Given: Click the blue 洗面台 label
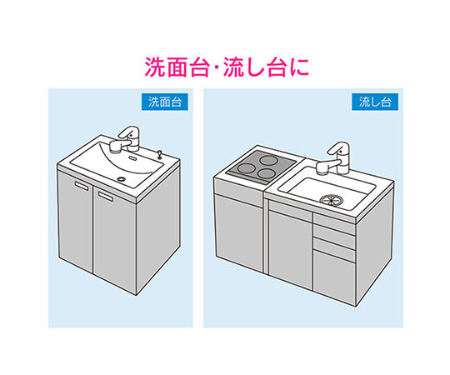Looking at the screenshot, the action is coord(165,102).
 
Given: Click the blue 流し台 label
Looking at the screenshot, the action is coord(375,102).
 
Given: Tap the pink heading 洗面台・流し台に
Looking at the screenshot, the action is coord(227,67).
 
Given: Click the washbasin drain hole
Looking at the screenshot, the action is coord(122,178).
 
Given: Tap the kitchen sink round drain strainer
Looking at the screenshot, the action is coord(329,199).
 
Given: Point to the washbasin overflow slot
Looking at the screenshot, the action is coord(132,157).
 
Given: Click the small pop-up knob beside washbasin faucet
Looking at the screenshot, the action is coord(160,152).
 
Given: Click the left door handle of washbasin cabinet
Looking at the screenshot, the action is coord(82,186).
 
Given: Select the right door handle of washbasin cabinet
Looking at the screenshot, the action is coord(106,196).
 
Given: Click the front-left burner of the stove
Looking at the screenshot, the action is coord(248,167).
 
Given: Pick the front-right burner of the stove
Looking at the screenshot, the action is coord(267,173).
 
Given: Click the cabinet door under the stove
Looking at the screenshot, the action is coord(239,232).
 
